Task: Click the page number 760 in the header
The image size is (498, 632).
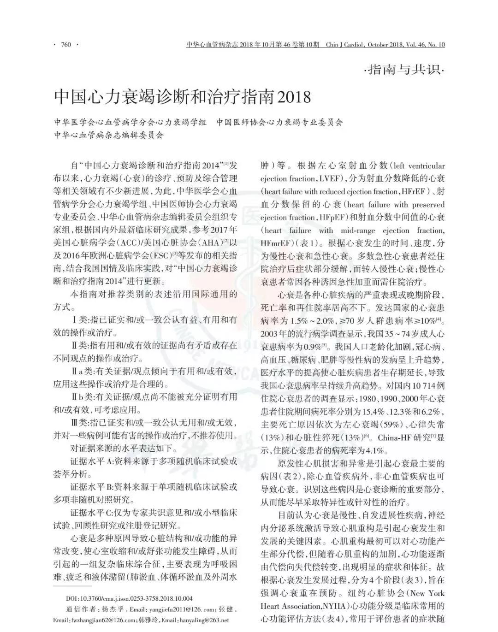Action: tap(65, 45)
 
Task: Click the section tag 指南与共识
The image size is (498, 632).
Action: tap(404, 71)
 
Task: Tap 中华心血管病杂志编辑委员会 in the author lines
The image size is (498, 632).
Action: tap(109, 135)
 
